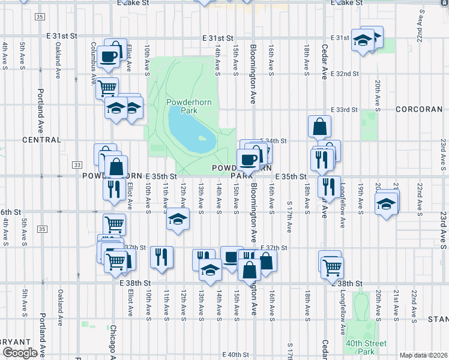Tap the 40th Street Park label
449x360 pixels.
(x=366, y=347)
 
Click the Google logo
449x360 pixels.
(x=19, y=353)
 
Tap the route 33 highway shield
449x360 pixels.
(x=77, y=164)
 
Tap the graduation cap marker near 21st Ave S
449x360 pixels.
(x=387, y=203)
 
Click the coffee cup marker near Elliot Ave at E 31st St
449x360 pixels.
(x=109, y=56)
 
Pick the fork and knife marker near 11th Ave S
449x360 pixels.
(x=161, y=257)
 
